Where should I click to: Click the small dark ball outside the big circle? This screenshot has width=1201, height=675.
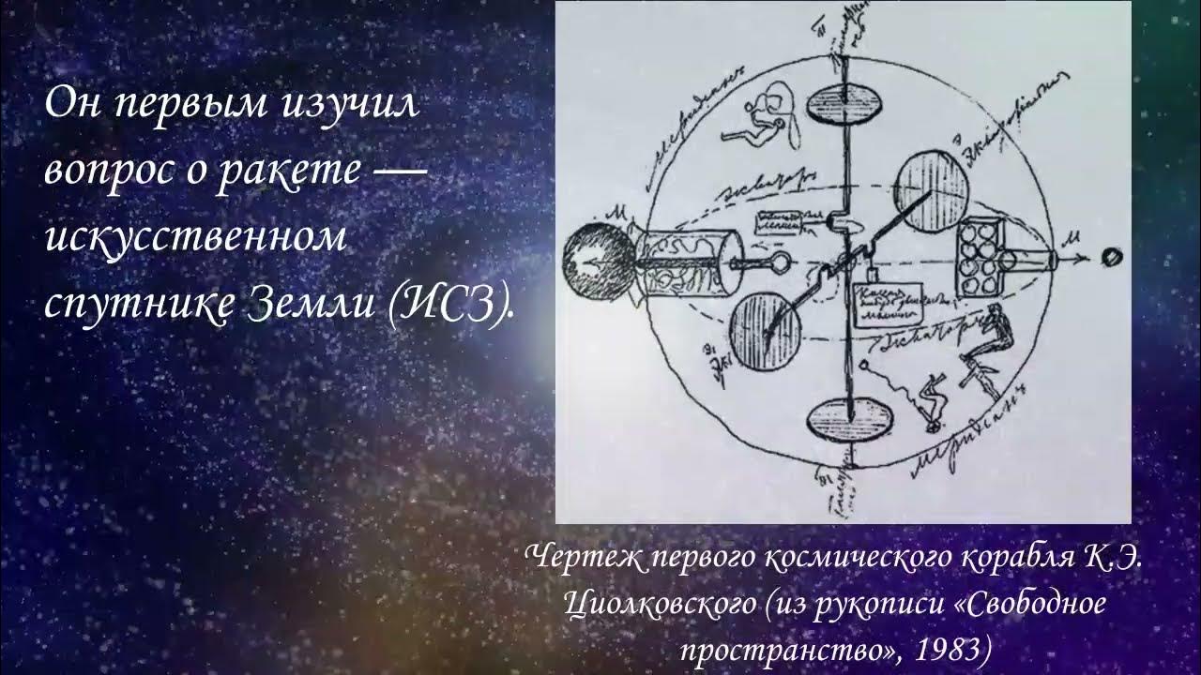click(1112, 255)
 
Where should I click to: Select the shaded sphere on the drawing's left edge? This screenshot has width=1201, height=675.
click(598, 262)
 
